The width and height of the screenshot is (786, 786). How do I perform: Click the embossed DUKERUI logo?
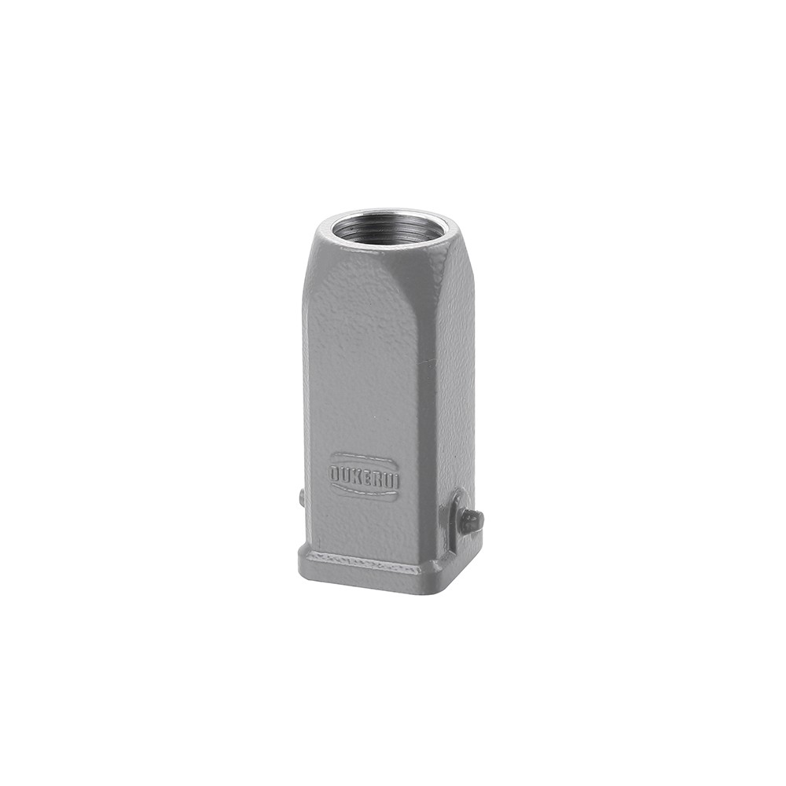(364, 476)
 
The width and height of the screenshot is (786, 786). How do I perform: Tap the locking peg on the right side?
(472, 520)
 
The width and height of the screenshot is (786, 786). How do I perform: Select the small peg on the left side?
(301, 498)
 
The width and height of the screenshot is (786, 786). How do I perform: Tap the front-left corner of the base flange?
(302, 563)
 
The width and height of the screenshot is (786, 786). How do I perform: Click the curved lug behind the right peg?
(454, 519)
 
